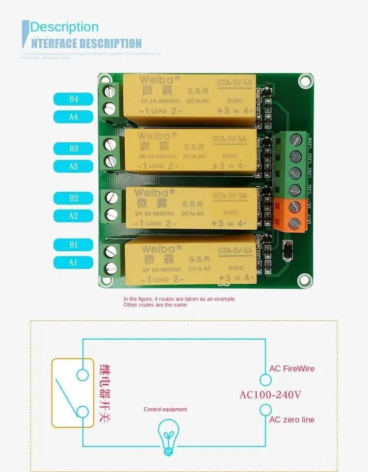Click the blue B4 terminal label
point(73,99)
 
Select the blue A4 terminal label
point(73,117)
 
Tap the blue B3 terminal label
point(73,148)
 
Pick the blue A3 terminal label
point(73,166)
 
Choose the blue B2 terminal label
point(73,198)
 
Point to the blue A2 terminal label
point(73,215)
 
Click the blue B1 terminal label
point(73,244)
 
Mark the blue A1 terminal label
point(73,262)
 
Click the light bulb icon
point(168,432)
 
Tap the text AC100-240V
point(270,394)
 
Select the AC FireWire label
point(292,368)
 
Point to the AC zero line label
point(292,420)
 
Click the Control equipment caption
point(165,409)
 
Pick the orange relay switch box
point(73,393)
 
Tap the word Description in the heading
point(64,27)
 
